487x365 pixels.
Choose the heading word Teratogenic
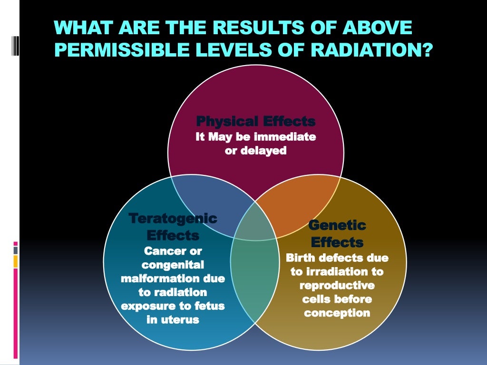(173, 219)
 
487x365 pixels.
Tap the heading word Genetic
(337, 225)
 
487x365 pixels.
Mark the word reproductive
(337, 286)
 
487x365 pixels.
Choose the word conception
(337, 313)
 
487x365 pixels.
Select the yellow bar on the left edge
(16, 261)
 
